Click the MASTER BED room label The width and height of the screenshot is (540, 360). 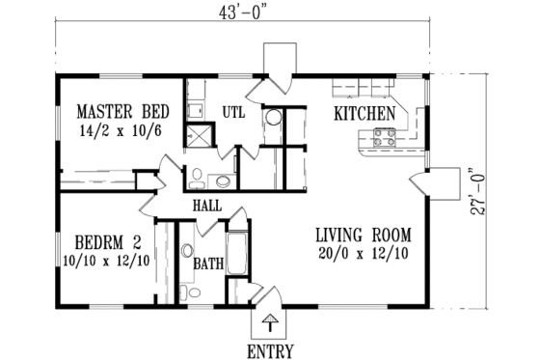pos(111,109)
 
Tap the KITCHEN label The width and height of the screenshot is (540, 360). pos(364,114)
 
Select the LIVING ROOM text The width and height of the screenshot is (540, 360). pos(364,234)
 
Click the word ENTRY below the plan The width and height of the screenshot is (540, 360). pos(270,350)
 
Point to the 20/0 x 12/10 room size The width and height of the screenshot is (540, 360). pos(364,252)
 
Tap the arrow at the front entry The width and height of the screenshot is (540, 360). pos(271,321)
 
